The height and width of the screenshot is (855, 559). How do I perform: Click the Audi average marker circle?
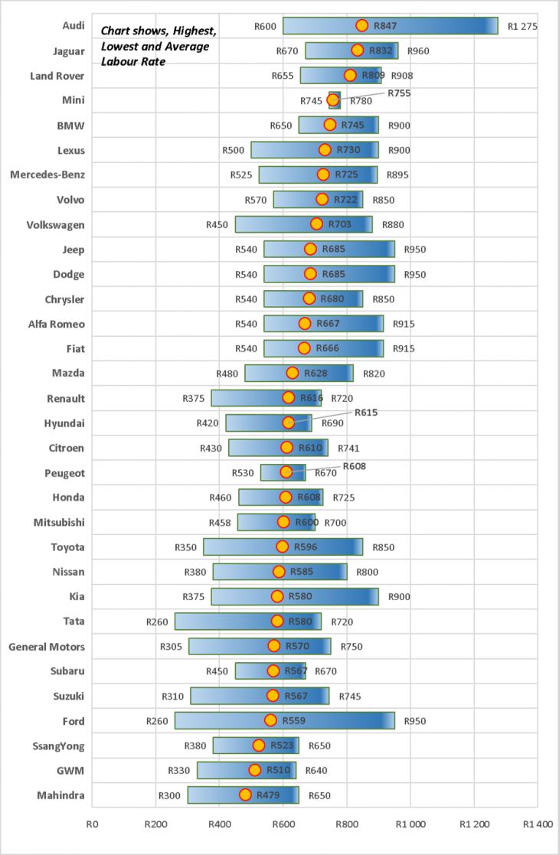(362, 26)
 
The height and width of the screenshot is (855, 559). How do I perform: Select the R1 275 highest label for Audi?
(522, 26)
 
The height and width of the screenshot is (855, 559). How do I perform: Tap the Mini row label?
(73, 100)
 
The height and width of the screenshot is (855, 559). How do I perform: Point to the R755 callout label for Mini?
(399, 93)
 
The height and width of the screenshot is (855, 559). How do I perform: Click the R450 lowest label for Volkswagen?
(217, 225)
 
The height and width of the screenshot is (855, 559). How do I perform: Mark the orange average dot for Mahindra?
(245, 795)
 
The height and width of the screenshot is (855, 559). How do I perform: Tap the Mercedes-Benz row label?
(47, 175)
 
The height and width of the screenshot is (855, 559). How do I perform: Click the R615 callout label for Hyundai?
(366, 413)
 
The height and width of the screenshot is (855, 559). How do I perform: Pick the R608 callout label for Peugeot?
(355, 465)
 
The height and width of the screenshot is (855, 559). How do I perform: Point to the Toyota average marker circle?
(283, 547)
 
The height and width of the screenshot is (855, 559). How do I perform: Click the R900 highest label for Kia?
(399, 596)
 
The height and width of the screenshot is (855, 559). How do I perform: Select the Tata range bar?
(248, 621)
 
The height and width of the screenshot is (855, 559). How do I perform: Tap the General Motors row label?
(47, 647)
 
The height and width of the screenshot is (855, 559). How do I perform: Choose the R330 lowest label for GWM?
(179, 770)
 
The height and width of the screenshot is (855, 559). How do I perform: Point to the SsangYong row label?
(58, 746)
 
